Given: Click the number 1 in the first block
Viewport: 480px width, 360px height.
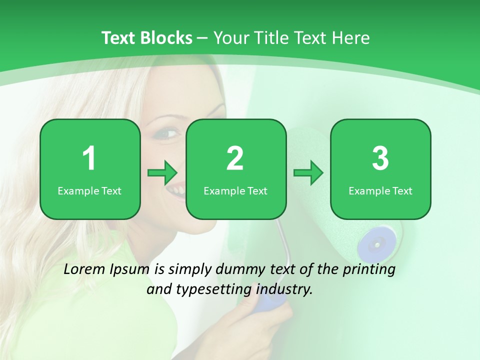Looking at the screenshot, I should click(89, 158).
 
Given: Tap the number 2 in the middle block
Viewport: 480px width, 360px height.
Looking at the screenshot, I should click(235, 158).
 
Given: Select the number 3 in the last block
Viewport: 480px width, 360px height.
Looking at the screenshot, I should click(380, 158).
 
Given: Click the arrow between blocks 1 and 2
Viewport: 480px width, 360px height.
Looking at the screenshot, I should click(162, 173).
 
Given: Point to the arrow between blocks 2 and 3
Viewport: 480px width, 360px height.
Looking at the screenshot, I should click(308, 173).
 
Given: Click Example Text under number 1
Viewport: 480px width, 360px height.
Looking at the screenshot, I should click(89, 190).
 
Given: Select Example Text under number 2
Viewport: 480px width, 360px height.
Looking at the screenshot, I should click(235, 190).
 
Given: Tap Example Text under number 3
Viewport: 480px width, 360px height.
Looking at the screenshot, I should click(380, 190).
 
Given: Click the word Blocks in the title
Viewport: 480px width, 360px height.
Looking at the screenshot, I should click(165, 38).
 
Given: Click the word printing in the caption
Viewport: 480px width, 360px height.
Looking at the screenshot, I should click(369, 269).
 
